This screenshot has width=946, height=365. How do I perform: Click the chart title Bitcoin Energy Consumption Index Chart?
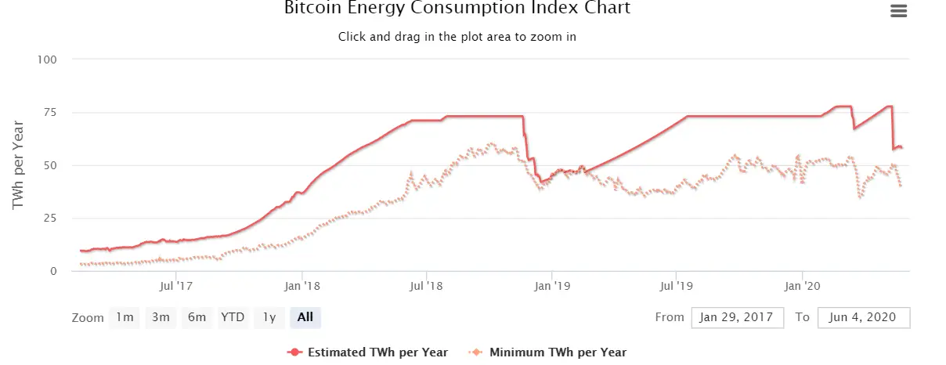tap(457, 9)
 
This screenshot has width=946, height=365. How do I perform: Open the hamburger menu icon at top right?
tap(898, 11)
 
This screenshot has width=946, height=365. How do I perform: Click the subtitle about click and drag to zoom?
tap(457, 37)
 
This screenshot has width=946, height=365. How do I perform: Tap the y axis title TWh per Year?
tap(19, 164)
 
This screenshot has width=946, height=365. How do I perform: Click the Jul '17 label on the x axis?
tap(176, 287)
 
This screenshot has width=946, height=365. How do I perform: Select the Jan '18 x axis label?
tap(301, 287)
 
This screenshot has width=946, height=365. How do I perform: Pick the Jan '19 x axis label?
tap(552, 287)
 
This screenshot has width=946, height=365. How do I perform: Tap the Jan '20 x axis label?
tap(803, 287)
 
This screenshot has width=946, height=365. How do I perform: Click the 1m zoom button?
tap(125, 317)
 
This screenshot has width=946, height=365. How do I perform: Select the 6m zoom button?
tap(197, 317)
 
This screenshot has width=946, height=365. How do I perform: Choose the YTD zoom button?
tap(233, 317)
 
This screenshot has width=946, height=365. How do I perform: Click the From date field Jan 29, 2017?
tap(738, 317)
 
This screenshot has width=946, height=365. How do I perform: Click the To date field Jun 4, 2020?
tap(864, 317)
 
